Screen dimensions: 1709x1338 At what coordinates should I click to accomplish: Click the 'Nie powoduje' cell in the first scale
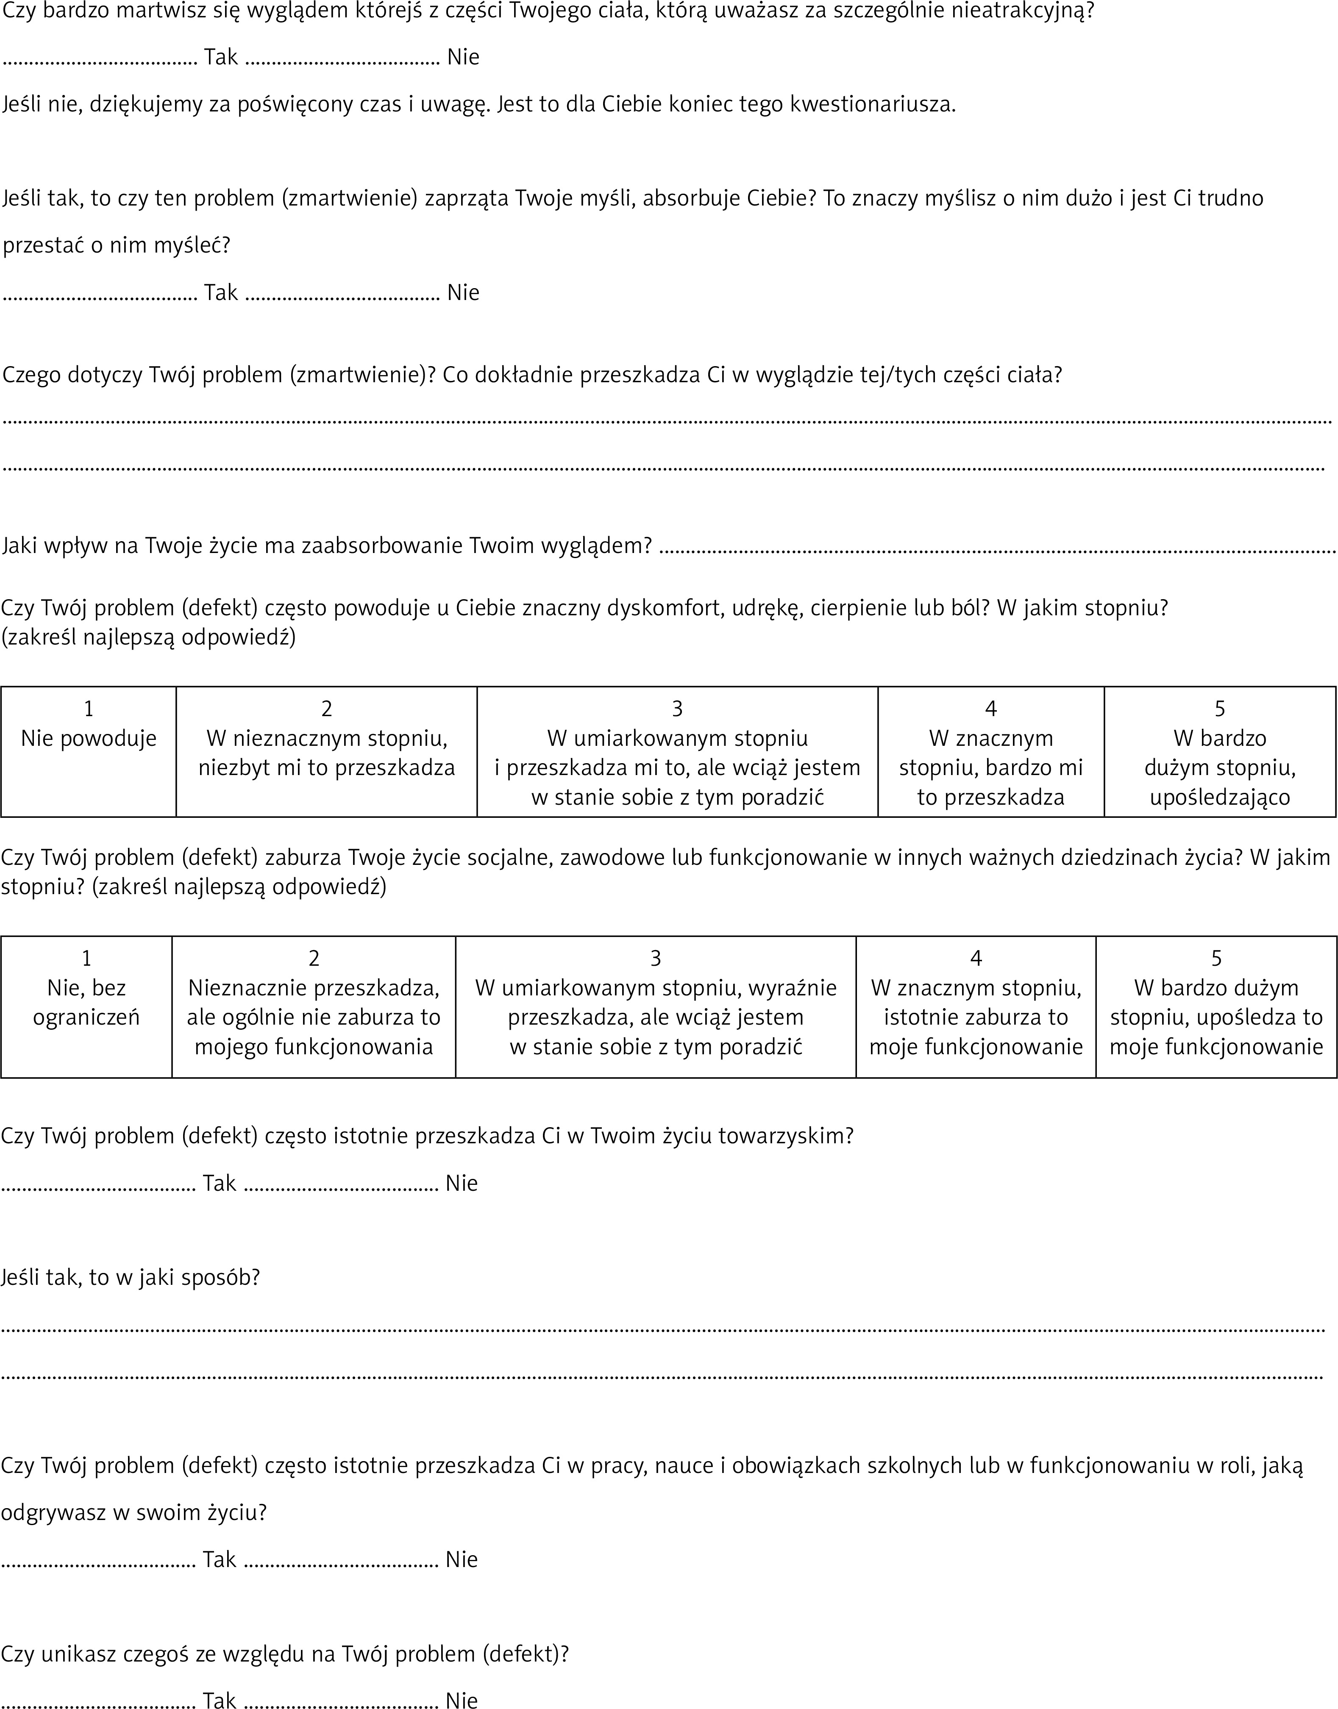point(89,752)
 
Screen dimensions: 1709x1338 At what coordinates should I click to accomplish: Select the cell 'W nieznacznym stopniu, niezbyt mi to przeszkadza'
point(327,752)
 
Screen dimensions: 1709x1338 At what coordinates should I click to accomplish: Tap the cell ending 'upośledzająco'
point(1220,752)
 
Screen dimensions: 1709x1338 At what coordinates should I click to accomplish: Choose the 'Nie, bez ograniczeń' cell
point(86,1006)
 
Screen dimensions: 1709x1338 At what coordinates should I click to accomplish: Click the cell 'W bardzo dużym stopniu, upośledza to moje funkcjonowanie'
point(1216,1006)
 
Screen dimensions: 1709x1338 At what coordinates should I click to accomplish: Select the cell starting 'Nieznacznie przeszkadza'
point(313,1006)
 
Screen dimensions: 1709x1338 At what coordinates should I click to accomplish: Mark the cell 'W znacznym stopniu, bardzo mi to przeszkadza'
point(991,752)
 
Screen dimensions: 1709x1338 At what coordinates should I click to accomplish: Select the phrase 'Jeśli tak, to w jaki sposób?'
point(130,1278)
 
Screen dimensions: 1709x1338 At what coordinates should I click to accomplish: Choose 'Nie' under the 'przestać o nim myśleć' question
point(463,293)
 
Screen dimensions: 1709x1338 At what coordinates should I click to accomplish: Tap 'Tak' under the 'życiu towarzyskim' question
point(220,1184)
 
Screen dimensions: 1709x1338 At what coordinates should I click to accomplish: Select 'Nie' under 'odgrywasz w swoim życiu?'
point(462,1559)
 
